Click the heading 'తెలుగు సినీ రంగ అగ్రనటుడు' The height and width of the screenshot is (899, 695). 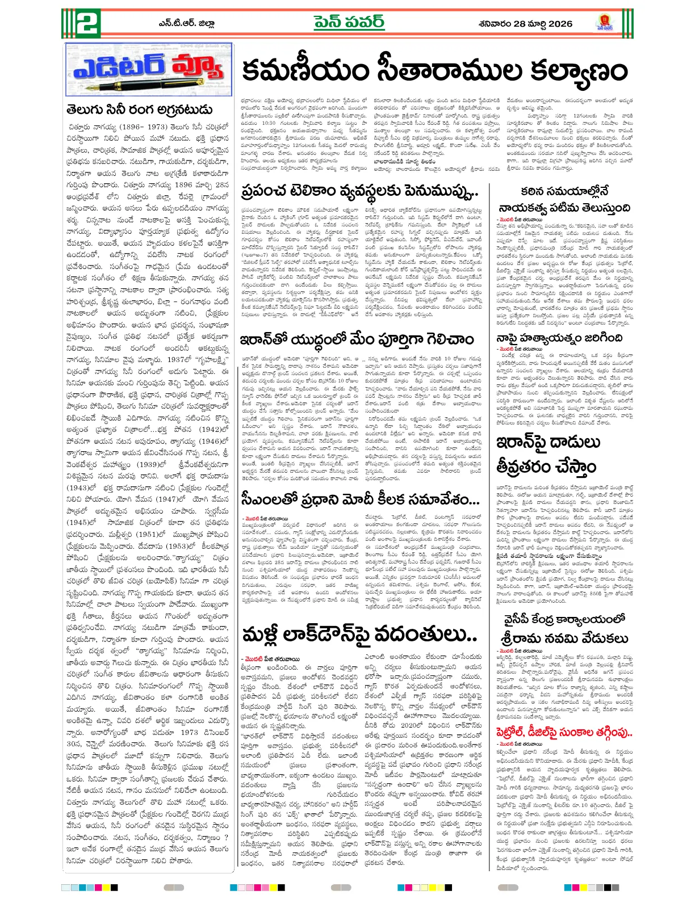pos(140,110)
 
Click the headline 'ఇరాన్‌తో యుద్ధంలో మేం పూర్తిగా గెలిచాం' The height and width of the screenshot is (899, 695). pos(357,340)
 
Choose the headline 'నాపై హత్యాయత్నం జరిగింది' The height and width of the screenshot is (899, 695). pos(559,339)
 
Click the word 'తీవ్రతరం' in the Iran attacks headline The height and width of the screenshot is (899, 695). pos(546,467)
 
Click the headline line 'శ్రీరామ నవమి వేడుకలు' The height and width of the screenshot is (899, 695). pos(564,638)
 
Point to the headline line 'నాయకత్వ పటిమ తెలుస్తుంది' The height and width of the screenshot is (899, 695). pos(564,208)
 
